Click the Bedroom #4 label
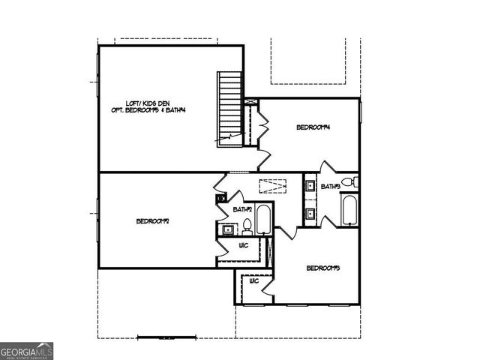pyautogui.click(x=313, y=127)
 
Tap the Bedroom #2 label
pyautogui.click(x=153, y=220)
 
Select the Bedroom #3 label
pyautogui.click(x=324, y=268)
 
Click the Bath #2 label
pyautogui.click(x=242, y=209)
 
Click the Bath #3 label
pyautogui.click(x=330, y=186)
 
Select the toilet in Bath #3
pyautogui.click(x=349, y=182)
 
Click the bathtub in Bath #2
pyautogui.click(x=263, y=220)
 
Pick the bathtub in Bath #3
pyautogui.click(x=350, y=210)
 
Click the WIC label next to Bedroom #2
pyautogui.click(x=244, y=245)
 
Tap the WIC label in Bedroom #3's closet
pyautogui.click(x=254, y=280)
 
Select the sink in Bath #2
pyautogui.click(x=226, y=229)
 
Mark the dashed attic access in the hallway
pyautogui.click(x=274, y=185)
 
